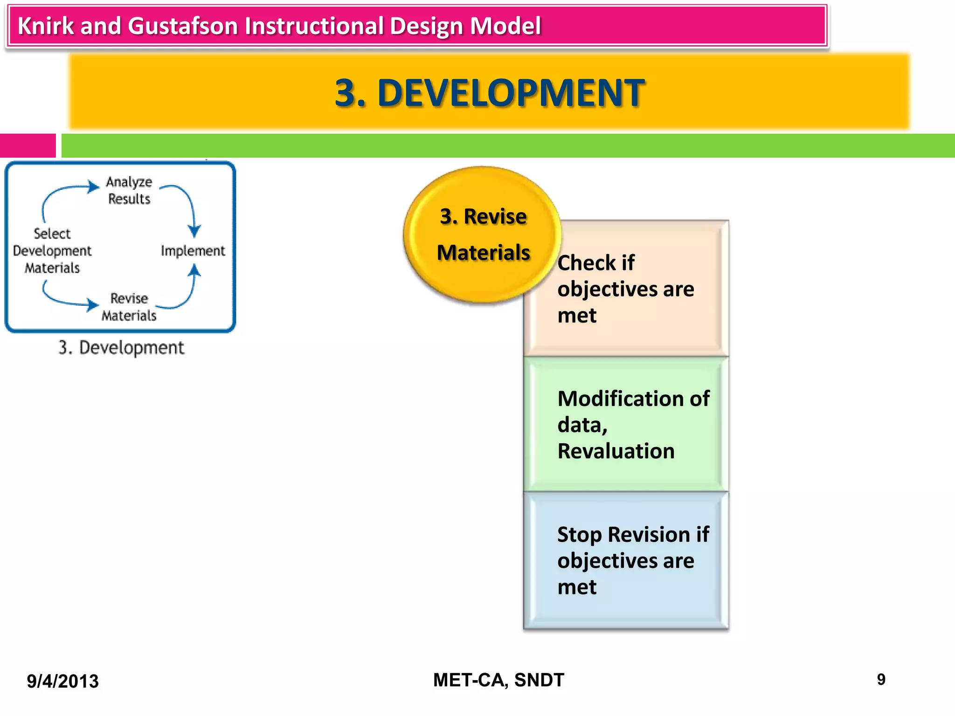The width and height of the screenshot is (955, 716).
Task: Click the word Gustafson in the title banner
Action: click(182, 26)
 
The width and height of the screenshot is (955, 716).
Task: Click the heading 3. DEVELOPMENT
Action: click(490, 93)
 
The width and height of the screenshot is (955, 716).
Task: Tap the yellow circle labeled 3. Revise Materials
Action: click(483, 234)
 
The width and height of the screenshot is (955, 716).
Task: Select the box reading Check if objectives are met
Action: click(626, 289)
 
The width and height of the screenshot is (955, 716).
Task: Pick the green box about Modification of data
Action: click(626, 424)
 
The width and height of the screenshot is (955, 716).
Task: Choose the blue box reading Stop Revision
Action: click(626, 560)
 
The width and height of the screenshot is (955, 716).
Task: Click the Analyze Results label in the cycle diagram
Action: click(129, 190)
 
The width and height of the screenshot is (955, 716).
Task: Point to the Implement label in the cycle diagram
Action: click(193, 251)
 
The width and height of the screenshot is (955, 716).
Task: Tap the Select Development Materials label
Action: click(52, 251)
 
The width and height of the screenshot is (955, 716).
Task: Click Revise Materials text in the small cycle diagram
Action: click(129, 307)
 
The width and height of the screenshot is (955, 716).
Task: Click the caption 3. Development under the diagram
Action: click(121, 348)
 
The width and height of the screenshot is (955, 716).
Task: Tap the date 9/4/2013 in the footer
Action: click(62, 681)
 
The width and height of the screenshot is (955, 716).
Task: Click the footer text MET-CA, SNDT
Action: click(498, 680)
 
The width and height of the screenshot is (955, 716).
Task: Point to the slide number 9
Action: click(881, 680)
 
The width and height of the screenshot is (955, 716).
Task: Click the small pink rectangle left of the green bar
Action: click(28, 145)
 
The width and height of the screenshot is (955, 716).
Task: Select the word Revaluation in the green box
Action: click(616, 451)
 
